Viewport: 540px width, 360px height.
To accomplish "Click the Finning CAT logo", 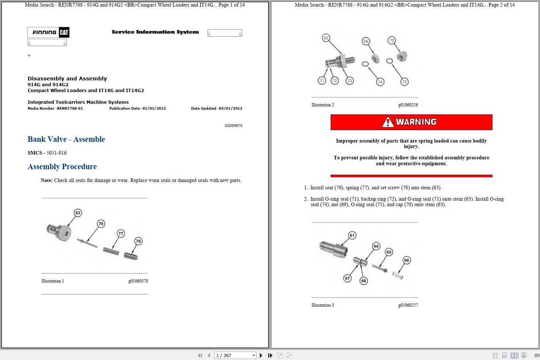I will pyautogui.click(x=48, y=33).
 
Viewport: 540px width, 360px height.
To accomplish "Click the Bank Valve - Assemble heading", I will pyautogui.click(x=66, y=139).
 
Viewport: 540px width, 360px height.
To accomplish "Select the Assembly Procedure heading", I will pyautogui.click(x=62, y=167).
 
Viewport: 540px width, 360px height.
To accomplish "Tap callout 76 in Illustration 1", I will pyautogui.click(x=101, y=224).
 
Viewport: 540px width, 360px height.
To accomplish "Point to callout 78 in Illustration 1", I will pyautogui.click(x=138, y=241).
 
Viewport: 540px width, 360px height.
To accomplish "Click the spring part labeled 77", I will pyautogui.click(x=111, y=251).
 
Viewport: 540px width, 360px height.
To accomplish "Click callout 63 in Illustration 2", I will pyautogui.click(x=326, y=38).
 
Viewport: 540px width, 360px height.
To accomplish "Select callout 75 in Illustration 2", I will pyautogui.click(x=404, y=82).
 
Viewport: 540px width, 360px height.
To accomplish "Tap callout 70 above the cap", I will pyautogui.click(x=392, y=41).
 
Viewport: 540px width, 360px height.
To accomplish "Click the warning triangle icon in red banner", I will pyautogui.click(x=388, y=122).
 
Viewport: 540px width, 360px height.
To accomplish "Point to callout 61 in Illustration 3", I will pyautogui.click(x=352, y=235).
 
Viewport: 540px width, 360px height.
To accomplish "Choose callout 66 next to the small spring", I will pyautogui.click(x=406, y=261).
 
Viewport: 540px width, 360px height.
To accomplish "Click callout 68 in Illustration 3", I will pyautogui.click(x=363, y=281).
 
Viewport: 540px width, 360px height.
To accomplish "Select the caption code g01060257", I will pyautogui.click(x=408, y=305).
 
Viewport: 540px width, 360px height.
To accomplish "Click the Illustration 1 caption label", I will pyautogui.click(x=53, y=281).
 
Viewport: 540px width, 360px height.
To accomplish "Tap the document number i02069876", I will pyautogui.click(x=233, y=126).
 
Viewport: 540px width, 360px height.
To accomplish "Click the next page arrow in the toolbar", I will pyautogui.click(x=261, y=355).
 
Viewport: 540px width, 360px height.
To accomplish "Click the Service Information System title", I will pyautogui.click(x=155, y=32).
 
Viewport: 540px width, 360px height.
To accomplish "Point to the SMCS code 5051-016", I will pyautogui.click(x=56, y=153).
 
